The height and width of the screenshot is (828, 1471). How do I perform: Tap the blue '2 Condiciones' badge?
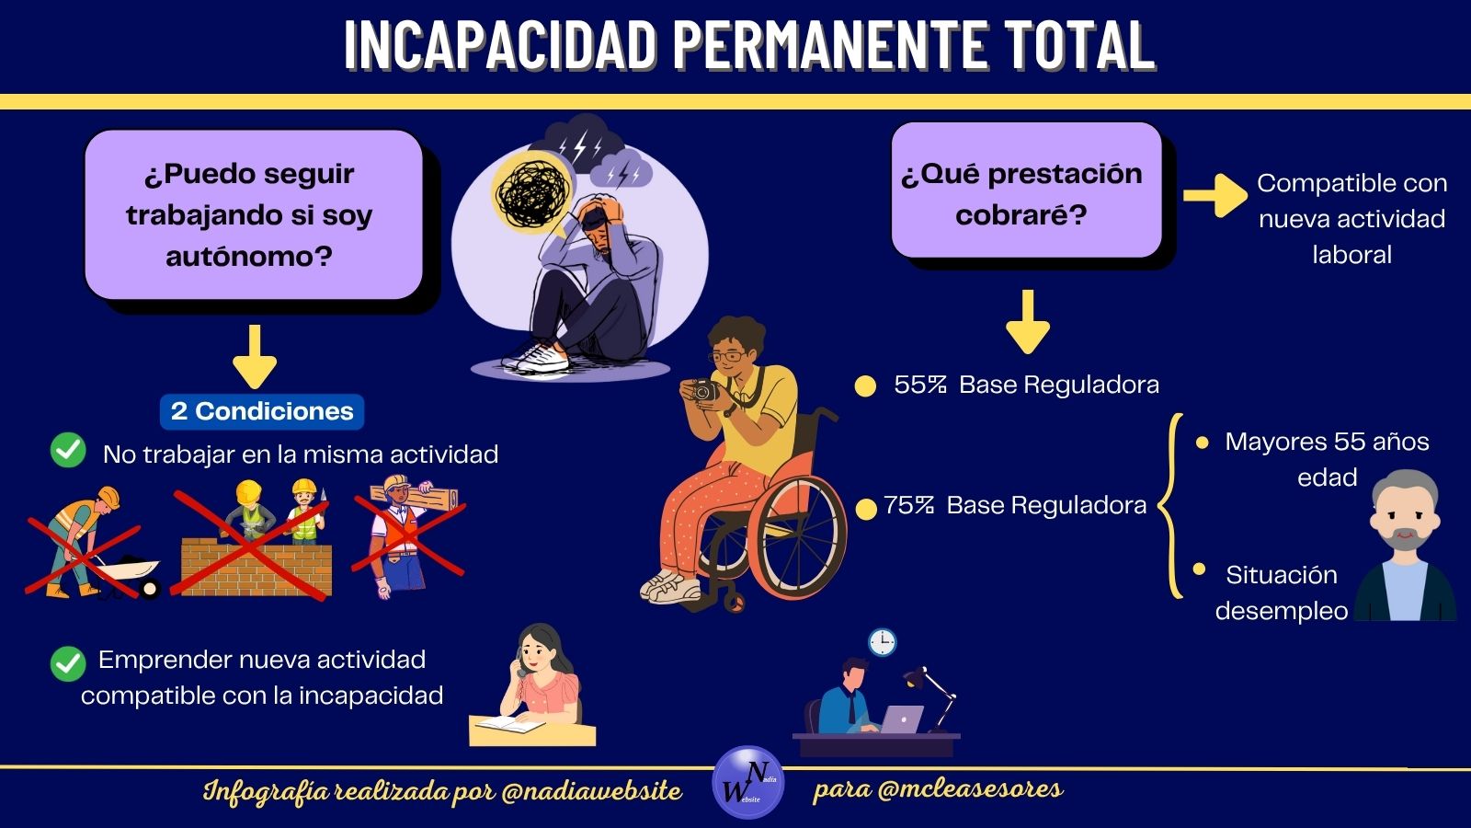pos(262,411)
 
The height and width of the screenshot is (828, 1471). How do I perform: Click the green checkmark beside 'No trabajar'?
pos(68,451)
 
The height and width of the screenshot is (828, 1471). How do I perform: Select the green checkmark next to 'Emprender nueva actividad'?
pos(68,663)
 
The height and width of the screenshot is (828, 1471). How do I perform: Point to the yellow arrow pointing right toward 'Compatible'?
pos(1214,195)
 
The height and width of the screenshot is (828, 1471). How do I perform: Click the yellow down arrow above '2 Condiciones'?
pos(255,357)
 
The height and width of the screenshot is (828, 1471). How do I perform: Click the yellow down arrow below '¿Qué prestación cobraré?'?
pos(1028,322)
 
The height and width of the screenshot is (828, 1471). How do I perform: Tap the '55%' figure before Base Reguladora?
pos(920,385)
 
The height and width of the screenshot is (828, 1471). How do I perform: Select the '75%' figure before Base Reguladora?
pos(909,505)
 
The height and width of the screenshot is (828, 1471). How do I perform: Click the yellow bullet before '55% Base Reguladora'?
pos(865,386)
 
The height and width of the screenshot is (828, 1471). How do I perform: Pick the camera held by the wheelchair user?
pos(702,391)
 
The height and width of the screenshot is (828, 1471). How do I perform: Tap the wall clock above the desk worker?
pos(882,642)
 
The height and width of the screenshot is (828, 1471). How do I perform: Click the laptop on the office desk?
pos(902,719)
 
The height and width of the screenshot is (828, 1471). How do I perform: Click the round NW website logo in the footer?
pos(748,782)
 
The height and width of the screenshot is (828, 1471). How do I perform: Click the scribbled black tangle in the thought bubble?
pos(532,191)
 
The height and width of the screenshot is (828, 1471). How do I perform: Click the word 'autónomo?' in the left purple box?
pos(249,257)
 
